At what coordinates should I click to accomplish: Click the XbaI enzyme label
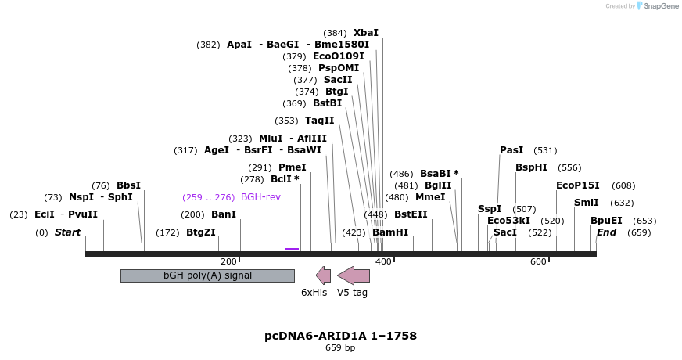click(365, 33)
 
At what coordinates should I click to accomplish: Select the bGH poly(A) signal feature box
click(207, 275)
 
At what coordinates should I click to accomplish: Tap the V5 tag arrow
click(354, 275)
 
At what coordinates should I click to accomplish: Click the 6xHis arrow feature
click(323, 275)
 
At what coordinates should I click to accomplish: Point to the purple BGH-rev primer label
click(260, 197)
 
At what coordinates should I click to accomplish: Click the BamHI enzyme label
click(390, 232)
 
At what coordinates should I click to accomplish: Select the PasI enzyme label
click(511, 150)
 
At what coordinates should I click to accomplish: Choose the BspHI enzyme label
click(531, 167)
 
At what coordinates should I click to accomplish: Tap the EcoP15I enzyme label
click(578, 185)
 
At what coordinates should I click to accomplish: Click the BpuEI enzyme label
click(606, 221)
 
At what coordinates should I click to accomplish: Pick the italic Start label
click(67, 232)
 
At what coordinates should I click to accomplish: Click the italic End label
click(607, 232)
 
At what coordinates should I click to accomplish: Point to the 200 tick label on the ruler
click(228, 261)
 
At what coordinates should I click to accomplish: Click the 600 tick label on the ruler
click(538, 261)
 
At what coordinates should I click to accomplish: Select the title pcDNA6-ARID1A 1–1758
click(340, 336)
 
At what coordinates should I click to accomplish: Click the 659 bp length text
click(340, 347)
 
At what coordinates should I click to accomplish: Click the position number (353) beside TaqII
click(286, 121)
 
